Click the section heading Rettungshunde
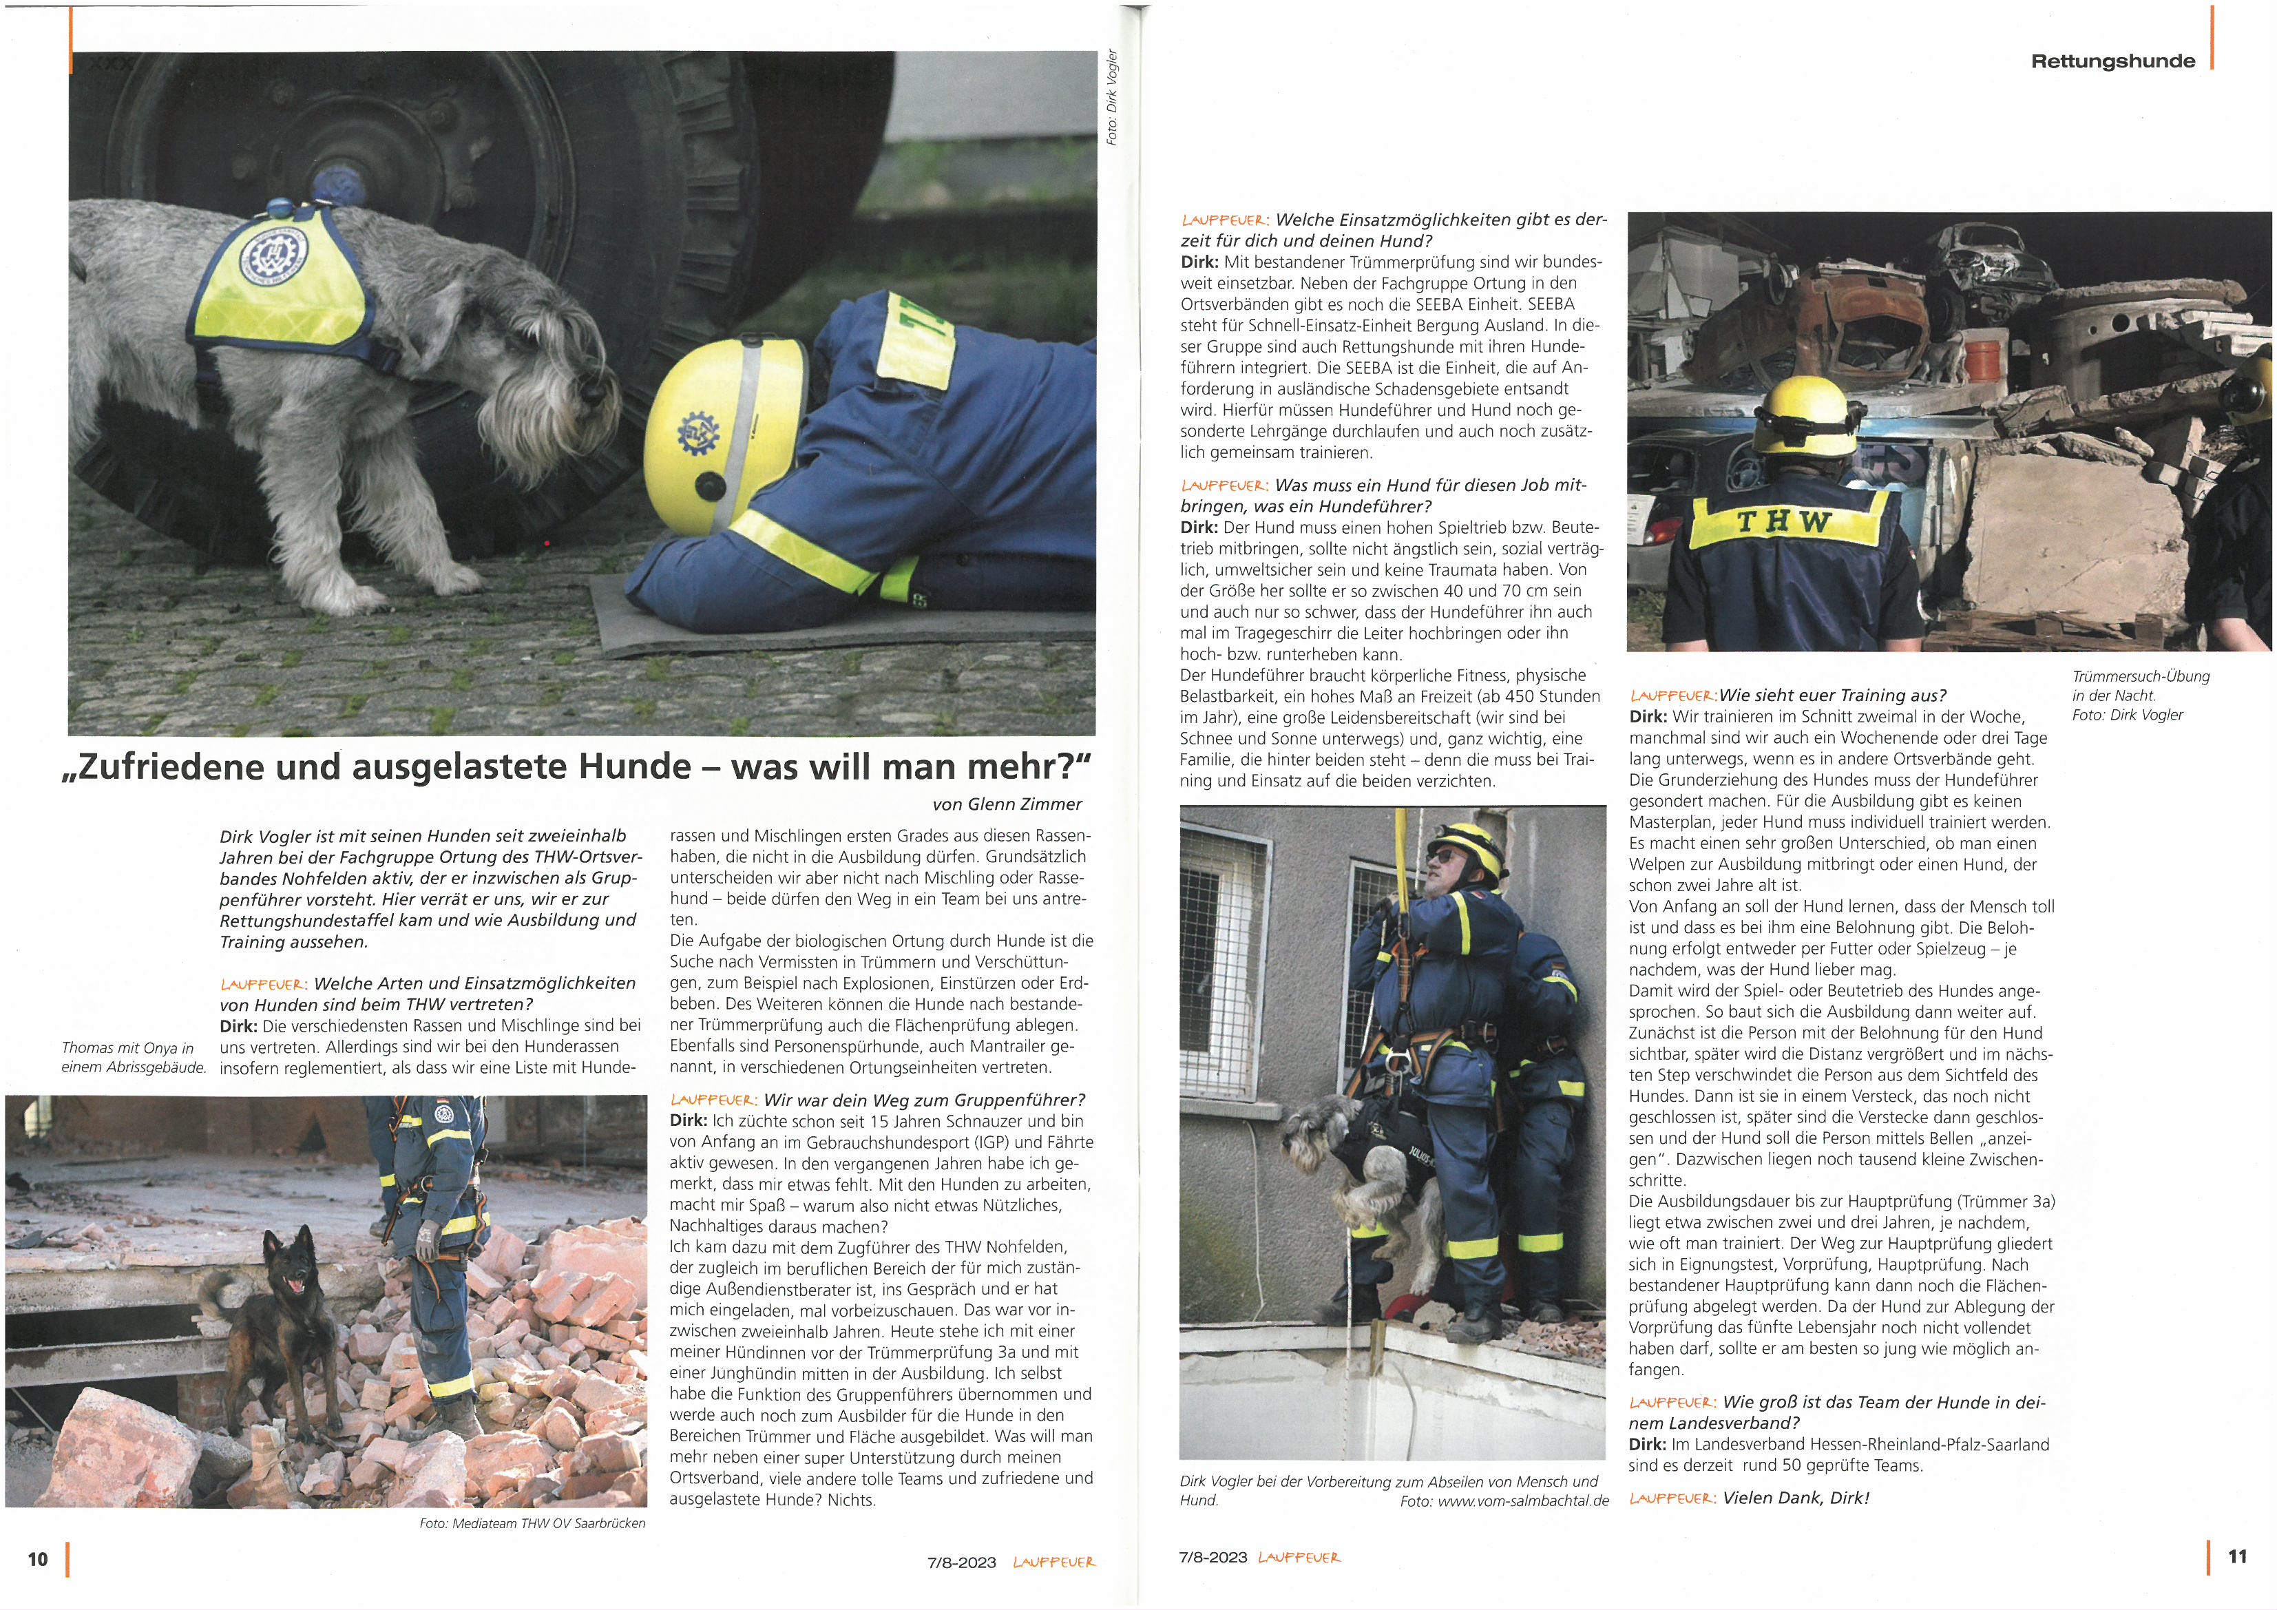tap(2112, 61)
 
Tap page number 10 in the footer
tap(38, 1558)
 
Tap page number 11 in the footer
tap(2237, 1556)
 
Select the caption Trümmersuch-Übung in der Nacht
tap(2140, 685)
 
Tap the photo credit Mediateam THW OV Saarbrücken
tap(532, 1523)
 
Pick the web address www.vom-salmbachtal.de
tap(1522, 1501)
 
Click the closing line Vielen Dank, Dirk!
tap(1795, 1498)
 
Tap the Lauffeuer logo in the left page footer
tap(1053, 1562)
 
